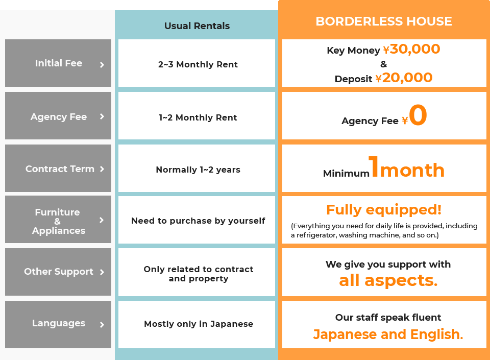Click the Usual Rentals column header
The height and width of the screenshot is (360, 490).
[197, 26]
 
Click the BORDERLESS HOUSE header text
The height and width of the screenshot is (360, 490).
[384, 21]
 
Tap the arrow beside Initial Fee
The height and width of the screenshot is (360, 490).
[102, 65]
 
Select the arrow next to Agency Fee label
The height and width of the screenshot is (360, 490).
[102, 116]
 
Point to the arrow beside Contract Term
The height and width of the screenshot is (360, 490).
[102, 169]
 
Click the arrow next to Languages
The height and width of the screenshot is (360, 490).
[102, 325]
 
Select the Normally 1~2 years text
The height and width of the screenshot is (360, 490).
[198, 170]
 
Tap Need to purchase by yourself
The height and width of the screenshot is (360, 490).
[198, 221]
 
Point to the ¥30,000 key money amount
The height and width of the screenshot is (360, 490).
[411, 49]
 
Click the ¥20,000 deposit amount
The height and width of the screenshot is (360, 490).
[404, 78]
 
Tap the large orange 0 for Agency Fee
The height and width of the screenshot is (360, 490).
[418, 115]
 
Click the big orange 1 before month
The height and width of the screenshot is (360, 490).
[374, 166]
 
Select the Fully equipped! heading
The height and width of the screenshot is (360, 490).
[384, 210]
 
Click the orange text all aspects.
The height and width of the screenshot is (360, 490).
[388, 280]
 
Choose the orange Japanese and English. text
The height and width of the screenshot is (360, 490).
[388, 334]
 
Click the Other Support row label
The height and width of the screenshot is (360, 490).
[58, 272]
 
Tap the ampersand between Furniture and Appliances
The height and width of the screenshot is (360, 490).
[58, 222]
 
